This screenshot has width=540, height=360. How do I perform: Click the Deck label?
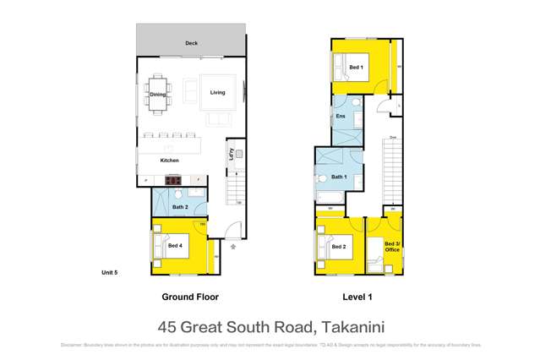coord(191,43)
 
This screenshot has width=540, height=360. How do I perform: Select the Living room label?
coord(218,92)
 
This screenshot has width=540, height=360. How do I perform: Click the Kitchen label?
coord(170,160)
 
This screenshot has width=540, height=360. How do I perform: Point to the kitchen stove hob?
coord(173,180)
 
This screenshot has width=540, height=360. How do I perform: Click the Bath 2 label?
coord(179,207)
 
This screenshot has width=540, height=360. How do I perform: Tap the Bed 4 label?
coord(175,246)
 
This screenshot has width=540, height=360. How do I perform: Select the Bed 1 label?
coord(357,67)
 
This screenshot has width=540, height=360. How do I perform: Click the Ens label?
coord(341,116)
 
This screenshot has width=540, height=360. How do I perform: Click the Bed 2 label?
coord(339,247)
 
